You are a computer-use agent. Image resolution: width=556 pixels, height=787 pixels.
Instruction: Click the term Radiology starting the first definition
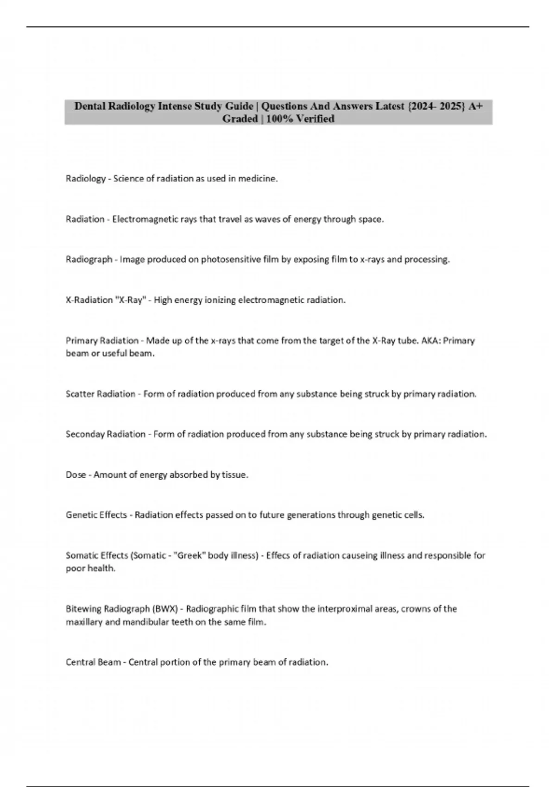point(85,179)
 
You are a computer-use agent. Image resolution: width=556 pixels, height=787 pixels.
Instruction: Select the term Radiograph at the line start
point(88,260)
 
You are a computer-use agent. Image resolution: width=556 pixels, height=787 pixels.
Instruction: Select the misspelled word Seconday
point(85,434)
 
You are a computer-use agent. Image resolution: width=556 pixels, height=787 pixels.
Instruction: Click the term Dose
point(76,475)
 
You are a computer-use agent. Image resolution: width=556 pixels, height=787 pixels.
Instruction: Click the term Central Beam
point(93,662)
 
